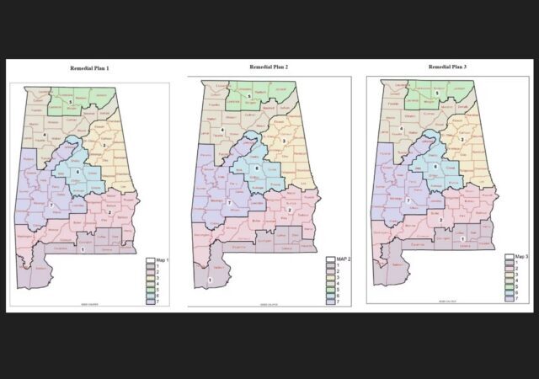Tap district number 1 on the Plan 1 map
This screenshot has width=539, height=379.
83,250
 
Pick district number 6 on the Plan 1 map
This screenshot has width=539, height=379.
77,171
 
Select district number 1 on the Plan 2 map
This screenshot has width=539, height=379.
209,280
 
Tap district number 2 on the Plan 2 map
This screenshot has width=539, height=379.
289,209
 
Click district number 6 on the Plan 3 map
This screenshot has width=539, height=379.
435,166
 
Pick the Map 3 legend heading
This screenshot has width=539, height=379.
514,256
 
